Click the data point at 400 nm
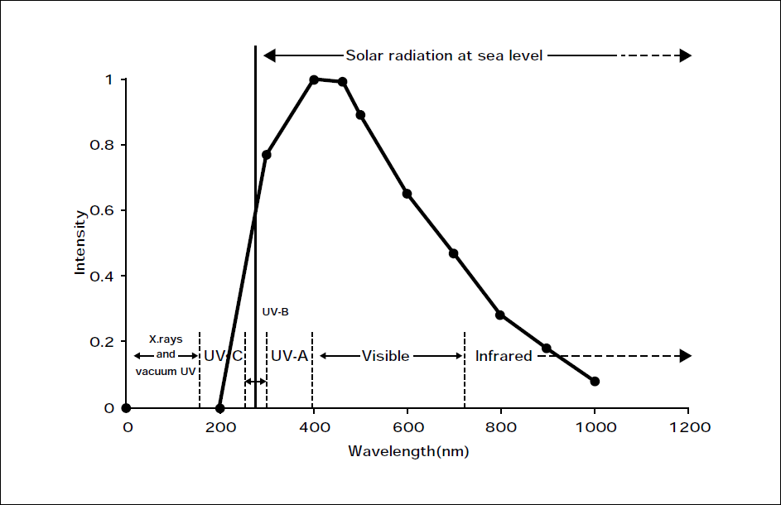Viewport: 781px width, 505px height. pyautogui.click(x=314, y=79)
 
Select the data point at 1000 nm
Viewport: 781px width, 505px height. pyautogui.click(x=595, y=381)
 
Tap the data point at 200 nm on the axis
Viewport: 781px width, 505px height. pyautogui.click(x=219, y=408)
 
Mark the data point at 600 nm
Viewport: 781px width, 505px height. pyautogui.click(x=407, y=194)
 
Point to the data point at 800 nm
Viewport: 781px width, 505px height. pyautogui.click(x=500, y=315)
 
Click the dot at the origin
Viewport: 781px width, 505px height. pyautogui.click(x=126, y=408)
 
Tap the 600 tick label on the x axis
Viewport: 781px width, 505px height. pyautogui.click(x=407, y=427)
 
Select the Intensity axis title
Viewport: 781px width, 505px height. pyautogui.click(x=80, y=243)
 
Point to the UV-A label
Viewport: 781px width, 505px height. pyautogui.click(x=289, y=356)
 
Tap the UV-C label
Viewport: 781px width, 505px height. pyautogui.click(x=223, y=356)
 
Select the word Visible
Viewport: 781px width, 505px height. pyautogui.click(x=385, y=356)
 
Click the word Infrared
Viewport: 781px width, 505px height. pyautogui.click(x=504, y=356)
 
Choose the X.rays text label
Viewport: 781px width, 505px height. pyautogui.click(x=166, y=339)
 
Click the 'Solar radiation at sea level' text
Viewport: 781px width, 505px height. pyautogui.click(x=444, y=56)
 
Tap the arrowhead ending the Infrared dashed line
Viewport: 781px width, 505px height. pyautogui.click(x=685, y=356)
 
